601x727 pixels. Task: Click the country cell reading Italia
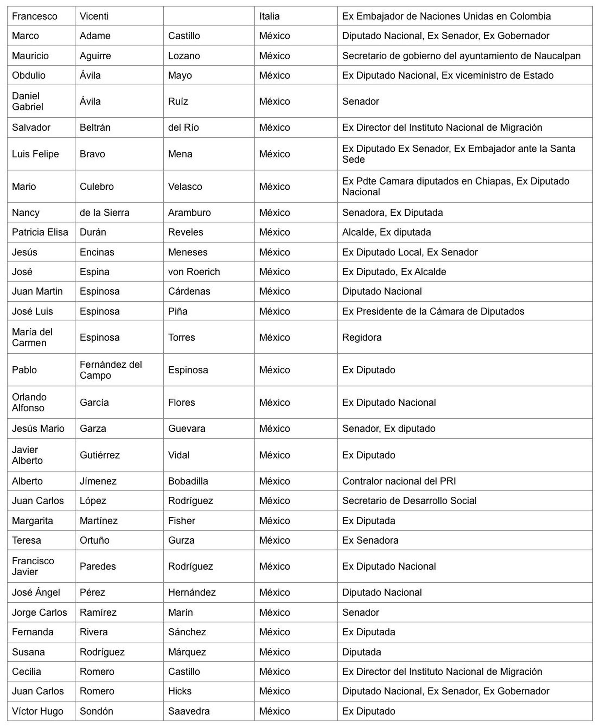(269, 16)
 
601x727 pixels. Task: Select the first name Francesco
(35, 16)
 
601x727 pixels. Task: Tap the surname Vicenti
(94, 16)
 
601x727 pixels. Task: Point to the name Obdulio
(29, 75)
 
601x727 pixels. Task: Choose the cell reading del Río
(183, 127)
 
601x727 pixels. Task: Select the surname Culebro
(97, 186)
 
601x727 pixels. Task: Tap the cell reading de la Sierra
(104, 213)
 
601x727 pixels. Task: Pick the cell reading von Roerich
(194, 272)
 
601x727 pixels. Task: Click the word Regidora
(362, 337)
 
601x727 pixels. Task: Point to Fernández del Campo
(110, 370)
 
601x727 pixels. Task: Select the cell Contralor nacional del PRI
(399, 481)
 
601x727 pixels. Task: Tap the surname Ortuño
(94, 540)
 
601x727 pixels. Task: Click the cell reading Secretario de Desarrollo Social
(409, 500)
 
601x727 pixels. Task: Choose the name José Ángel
(36, 592)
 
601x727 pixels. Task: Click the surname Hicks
(180, 691)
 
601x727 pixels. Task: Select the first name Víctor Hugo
(38, 711)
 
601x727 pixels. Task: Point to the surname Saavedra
(189, 711)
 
